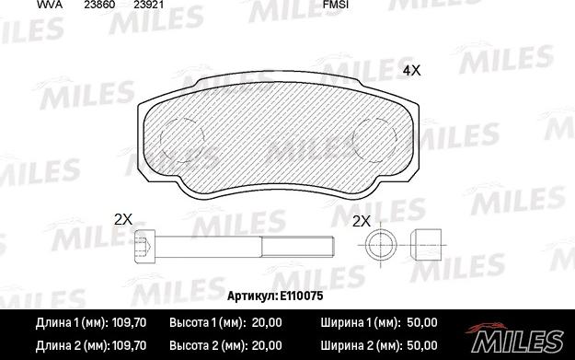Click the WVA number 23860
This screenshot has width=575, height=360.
pos(99,5)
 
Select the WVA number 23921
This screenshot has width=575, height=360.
pos(148,5)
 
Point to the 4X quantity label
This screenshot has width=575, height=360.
pos(411,71)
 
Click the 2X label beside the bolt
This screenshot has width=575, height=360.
pos(123,219)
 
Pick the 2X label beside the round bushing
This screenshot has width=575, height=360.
pos(362,221)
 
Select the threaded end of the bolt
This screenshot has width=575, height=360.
pos(297,246)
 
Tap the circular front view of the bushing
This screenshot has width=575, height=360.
pos(381,245)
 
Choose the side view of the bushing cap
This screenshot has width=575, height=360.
pos(426,245)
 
